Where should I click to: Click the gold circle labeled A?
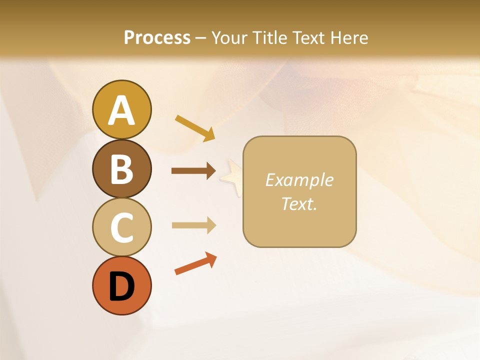coord(121,109)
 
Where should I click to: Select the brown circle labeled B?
coord(121,168)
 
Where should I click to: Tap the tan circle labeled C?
coord(121,227)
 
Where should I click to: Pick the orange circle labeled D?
coord(121,285)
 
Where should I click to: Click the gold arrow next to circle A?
coord(195,128)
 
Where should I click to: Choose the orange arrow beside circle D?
coord(195,264)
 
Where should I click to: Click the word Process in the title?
coord(157,37)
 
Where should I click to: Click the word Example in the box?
coord(299,180)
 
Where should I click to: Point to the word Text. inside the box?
coord(299,203)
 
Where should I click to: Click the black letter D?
coord(121,286)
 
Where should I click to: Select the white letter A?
coord(121,110)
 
